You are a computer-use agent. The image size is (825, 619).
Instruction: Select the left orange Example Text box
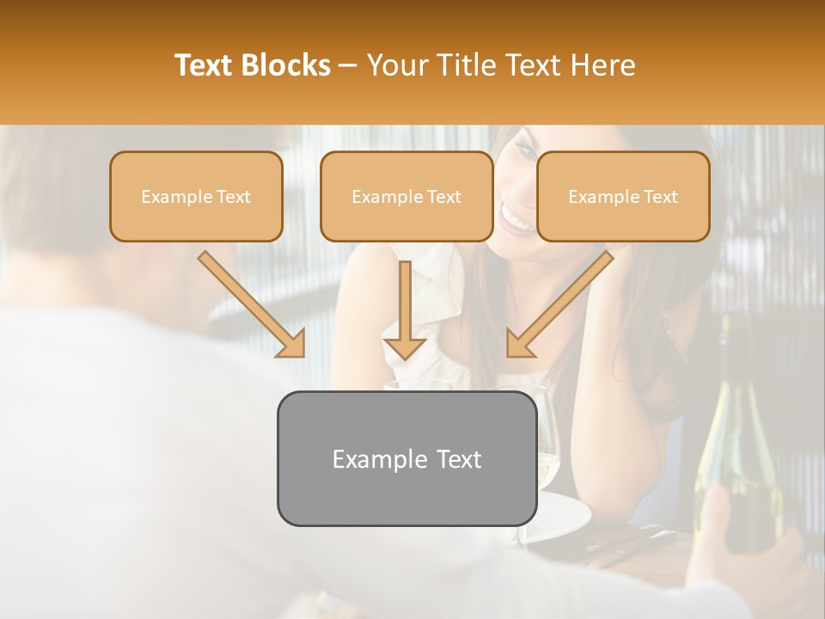pyautogui.click(x=196, y=196)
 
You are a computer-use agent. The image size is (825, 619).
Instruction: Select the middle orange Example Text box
pyautogui.click(x=406, y=196)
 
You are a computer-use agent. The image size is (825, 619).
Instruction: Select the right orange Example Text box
pyautogui.click(x=623, y=196)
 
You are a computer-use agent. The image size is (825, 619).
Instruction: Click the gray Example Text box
pyautogui.click(x=406, y=458)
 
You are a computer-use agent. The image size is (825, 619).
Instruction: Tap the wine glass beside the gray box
pyautogui.click(x=547, y=438)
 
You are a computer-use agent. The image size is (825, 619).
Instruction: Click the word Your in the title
pyautogui.click(x=400, y=65)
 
